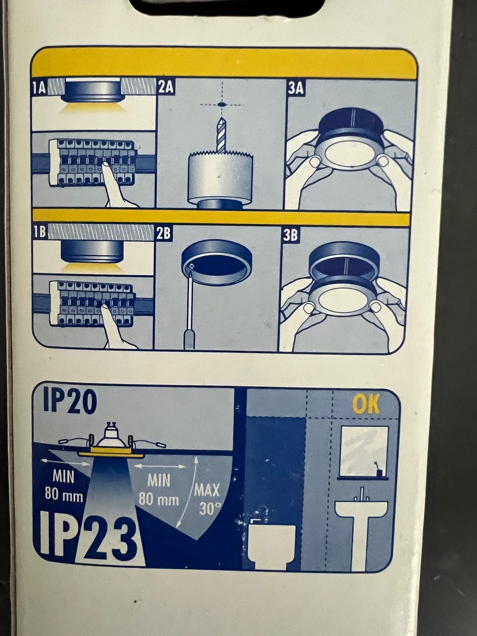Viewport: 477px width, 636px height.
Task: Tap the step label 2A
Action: (x=165, y=86)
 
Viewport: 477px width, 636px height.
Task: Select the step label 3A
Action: (x=296, y=88)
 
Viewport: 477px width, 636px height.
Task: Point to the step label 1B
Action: (x=40, y=232)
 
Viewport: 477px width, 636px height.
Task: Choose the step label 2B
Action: (x=163, y=233)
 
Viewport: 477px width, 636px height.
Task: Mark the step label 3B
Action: (x=290, y=235)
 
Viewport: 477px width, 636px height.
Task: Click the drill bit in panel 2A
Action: (x=221, y=135)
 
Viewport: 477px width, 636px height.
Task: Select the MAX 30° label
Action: (x=207, y=499)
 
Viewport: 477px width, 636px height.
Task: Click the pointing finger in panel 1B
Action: (x=115, y=327)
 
